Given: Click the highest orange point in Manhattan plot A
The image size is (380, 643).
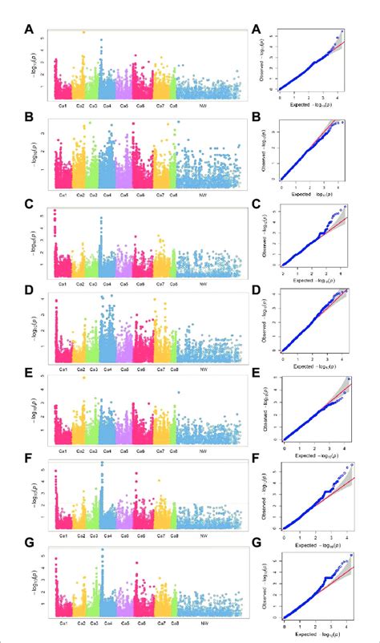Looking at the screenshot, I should tap(83, 33).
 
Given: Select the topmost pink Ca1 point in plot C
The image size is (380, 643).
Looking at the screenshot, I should tap(55, 211).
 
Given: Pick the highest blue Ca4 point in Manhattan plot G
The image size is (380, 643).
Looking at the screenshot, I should tap(103, 550).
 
